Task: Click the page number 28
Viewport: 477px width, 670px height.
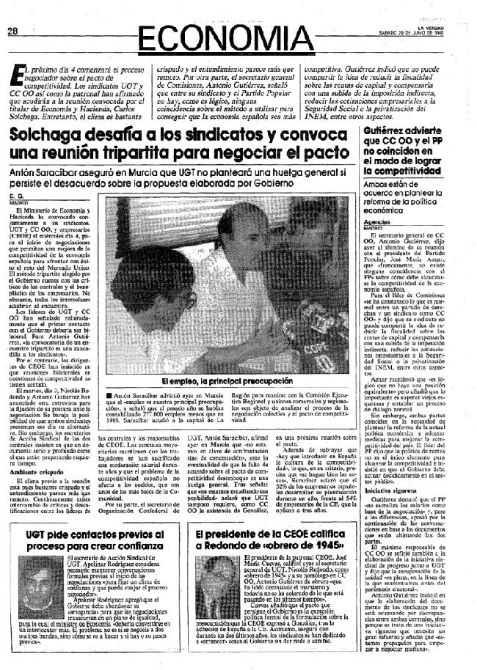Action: point(12,31)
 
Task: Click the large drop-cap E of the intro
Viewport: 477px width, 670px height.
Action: point(13,74)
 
